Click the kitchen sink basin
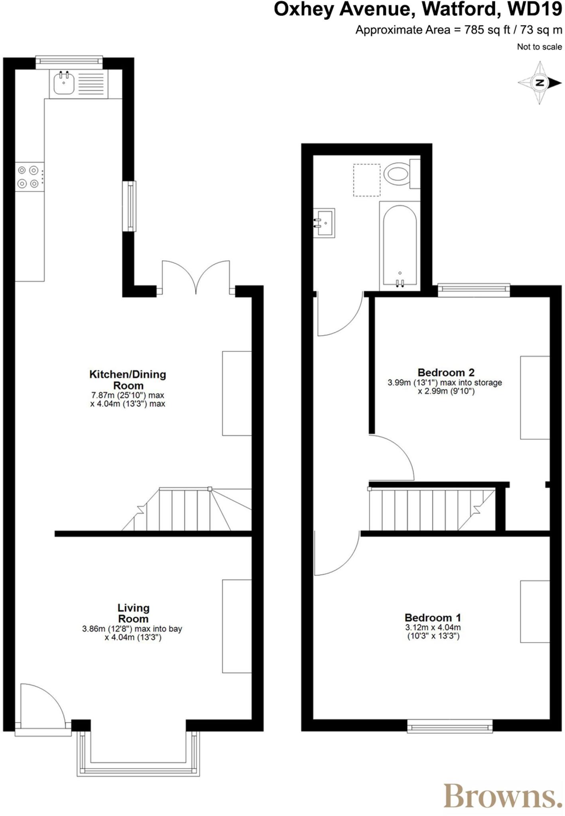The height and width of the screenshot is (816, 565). (x=64, y=83)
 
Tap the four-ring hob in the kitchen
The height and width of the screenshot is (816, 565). (x=28, y=177)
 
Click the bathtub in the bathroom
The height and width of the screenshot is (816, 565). (x=400, y=245)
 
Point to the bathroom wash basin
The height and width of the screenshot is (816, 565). (x=325, y=223)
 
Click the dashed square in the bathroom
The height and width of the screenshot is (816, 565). (x=367, y=180)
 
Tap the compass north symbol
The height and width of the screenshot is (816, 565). (x=539, y=83)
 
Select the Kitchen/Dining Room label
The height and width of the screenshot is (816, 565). (x=128, y=380)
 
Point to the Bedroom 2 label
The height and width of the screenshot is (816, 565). (x=446, y=373)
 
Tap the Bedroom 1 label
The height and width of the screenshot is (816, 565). (x=433, y=618)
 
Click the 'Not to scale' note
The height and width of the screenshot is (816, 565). (x=539, y=47)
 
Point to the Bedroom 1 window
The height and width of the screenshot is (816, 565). (x=449, y=726)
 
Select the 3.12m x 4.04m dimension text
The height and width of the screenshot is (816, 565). (x=433, y=628)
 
